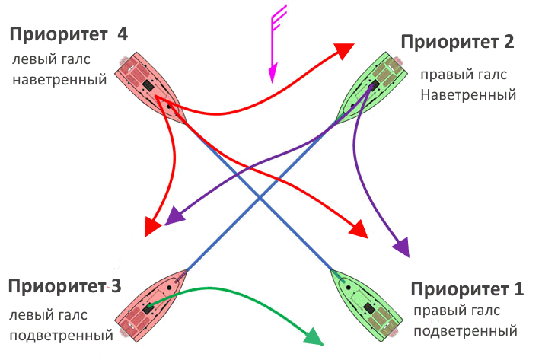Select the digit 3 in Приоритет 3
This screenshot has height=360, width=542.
(115, 288)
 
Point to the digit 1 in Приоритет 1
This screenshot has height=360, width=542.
(519, 289)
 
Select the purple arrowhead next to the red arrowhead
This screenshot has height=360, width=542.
(174, 216)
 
